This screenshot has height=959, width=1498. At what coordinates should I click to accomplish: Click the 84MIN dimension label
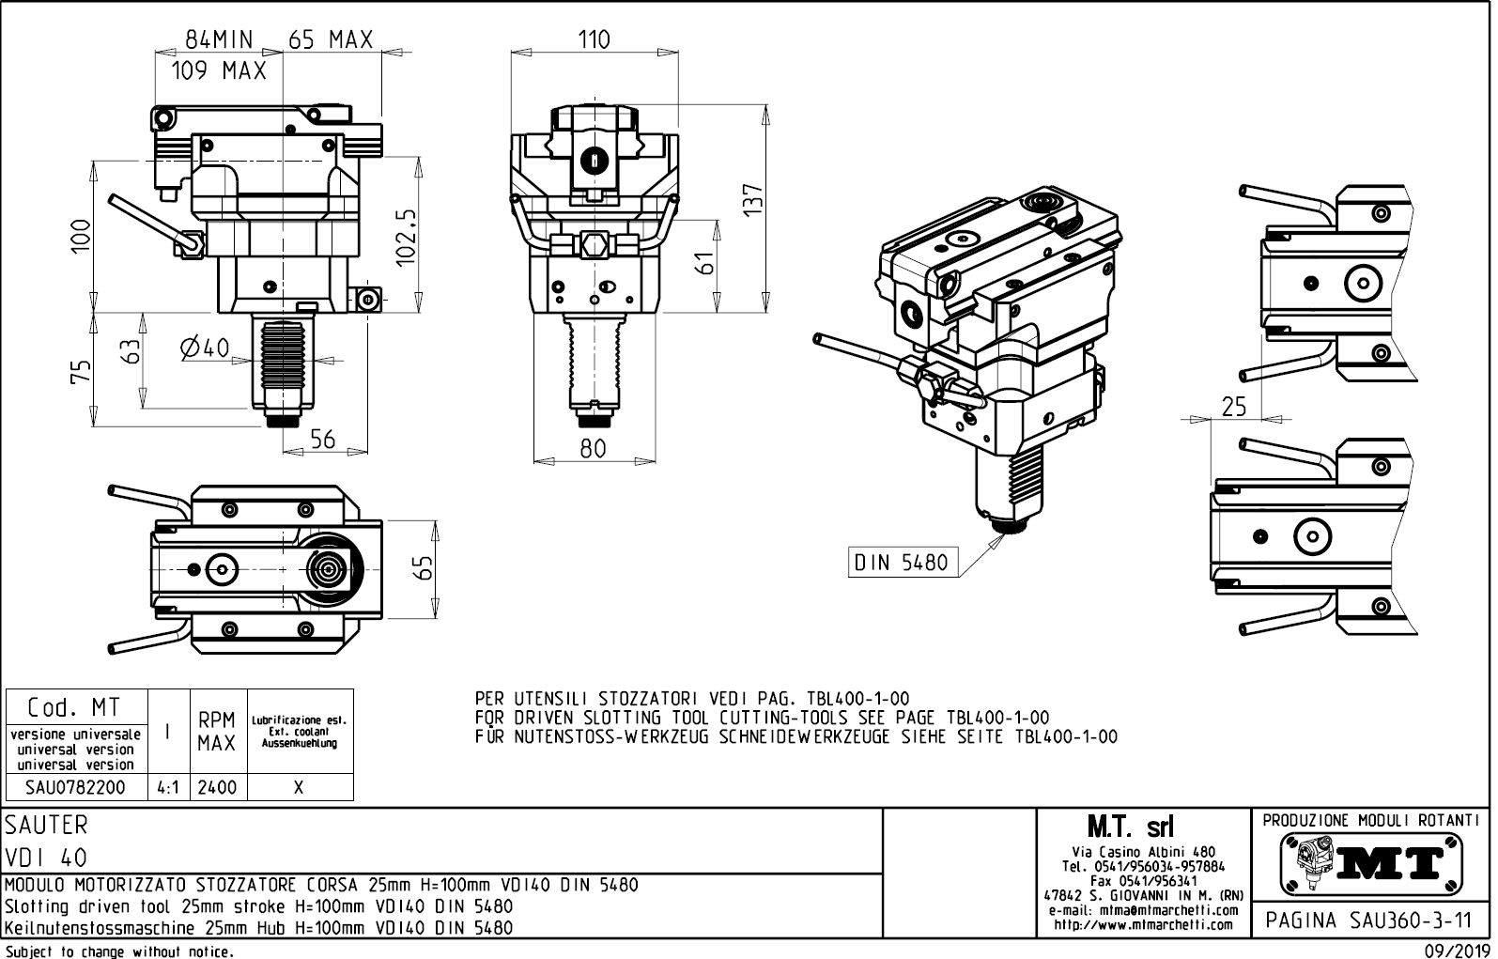[219, 39]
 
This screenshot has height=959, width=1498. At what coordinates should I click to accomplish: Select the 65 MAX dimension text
[331, 39]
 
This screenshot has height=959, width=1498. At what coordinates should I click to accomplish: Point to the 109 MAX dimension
[219, 70]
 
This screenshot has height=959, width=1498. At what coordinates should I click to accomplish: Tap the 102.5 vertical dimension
[406, 238]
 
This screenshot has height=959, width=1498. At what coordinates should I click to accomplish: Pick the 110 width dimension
[594, 39]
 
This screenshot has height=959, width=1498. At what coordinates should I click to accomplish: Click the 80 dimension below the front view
[593, 449]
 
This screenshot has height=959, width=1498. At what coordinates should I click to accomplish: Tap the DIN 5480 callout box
[901, 563]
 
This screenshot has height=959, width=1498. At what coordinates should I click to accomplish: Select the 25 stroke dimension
[1234, 406]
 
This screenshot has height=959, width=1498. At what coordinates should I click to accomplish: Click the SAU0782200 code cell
[76, 787]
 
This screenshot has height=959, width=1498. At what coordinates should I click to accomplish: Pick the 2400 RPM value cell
[216, 787]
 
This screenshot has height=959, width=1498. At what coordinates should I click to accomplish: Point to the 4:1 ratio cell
[168, 787]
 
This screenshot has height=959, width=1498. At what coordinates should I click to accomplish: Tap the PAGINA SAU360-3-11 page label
[1370, 919]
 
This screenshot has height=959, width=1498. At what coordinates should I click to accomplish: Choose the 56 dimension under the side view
[322, 440]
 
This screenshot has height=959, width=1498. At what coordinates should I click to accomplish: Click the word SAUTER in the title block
[46, 825]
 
